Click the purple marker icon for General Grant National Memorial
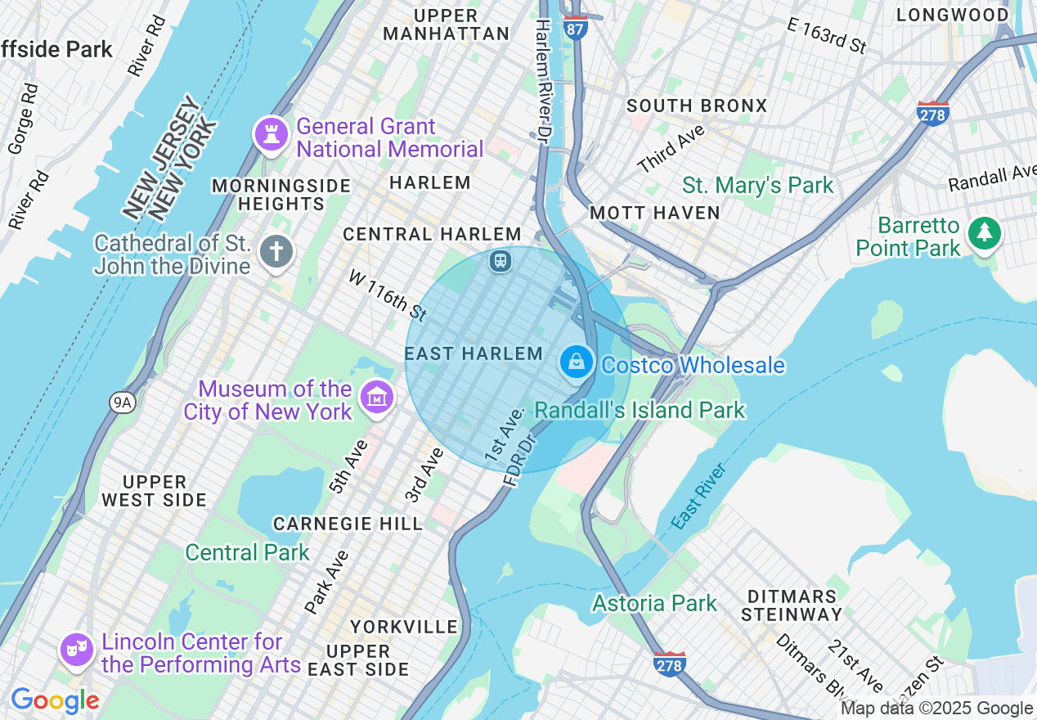[270, 135]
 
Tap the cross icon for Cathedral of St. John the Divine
[276, 252]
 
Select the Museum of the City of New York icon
[376, 398]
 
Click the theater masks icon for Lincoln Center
[76, 650]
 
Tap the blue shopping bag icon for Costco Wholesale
[577, 362]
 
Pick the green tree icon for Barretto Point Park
[985, 234]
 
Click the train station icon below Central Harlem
[500, 261]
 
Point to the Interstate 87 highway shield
[576, 26]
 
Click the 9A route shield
[122, 402]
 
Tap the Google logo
[55, 700]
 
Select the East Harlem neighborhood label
[474, 353]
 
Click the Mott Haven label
[655, 213]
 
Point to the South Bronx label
[697, 106]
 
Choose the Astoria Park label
[654, 603]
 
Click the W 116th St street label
[388, 295]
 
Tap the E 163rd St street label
[826, 36]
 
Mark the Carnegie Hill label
[348, 524]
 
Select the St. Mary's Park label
[758, 186]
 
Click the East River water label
[699, 496]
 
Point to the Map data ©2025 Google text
[937, 709]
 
